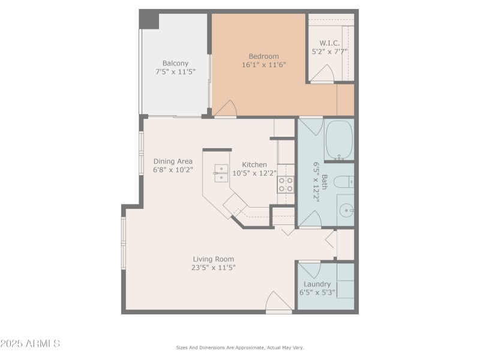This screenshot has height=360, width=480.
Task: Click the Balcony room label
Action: (x=175, y=63)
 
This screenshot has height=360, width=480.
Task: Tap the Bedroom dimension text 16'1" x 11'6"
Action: (x=264, y=65)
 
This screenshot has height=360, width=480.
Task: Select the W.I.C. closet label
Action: (x=329, y=43)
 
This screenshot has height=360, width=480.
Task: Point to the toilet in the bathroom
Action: (x=343, y=182)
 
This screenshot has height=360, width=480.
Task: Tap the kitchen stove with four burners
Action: (x=286, y=184)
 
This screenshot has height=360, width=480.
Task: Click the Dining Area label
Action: (x=173, y=161)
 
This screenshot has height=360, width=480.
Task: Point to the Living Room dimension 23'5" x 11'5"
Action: (x=209, y=268)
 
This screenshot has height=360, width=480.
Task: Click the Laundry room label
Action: (x=317, y=284)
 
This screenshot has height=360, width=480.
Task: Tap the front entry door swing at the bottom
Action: (x=279, y=301)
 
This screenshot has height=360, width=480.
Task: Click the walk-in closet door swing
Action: (x=322, y=74)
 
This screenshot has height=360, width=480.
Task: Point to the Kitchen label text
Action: (x=254, y=164)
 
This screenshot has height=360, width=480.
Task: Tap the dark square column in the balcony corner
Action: (x=149, y=19)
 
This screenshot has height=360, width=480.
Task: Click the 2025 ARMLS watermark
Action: (x=30, y=344)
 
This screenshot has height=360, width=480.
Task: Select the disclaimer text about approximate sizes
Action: (x=239, y=347)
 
